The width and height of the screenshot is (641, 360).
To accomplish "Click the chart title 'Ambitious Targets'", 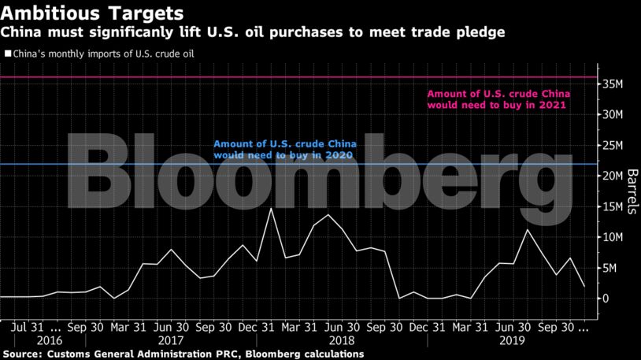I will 92,13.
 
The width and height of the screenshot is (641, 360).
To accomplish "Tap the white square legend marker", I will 7,54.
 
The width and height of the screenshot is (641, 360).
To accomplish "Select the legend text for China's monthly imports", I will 102,54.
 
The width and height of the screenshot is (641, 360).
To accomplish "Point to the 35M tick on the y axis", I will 617,84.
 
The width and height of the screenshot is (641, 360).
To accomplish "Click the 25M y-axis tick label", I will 617,145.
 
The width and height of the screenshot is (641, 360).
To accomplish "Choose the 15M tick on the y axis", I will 617,206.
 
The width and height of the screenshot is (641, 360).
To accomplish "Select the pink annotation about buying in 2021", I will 496,98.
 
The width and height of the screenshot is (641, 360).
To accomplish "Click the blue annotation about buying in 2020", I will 286,150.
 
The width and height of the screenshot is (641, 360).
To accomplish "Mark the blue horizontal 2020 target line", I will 118,164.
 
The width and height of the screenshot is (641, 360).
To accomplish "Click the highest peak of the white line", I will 272,209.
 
